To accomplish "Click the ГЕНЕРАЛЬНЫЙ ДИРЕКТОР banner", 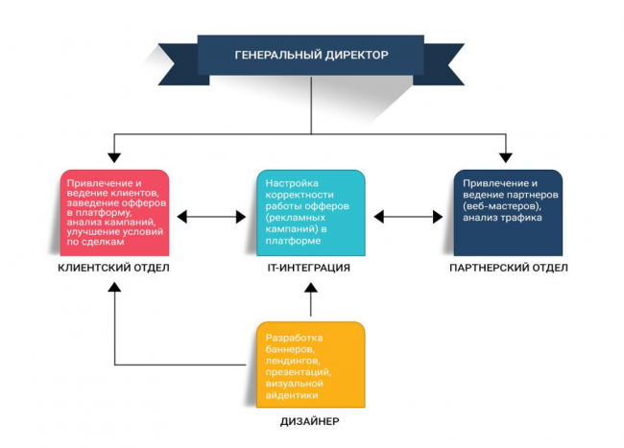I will click(311, 56).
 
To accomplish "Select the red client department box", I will click(114, 212).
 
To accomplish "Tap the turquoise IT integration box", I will click(311, 212).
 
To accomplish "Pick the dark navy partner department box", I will click(508, 212).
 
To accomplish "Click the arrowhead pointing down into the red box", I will click(114, 154).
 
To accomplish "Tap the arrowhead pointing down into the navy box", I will click(508, 154).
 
